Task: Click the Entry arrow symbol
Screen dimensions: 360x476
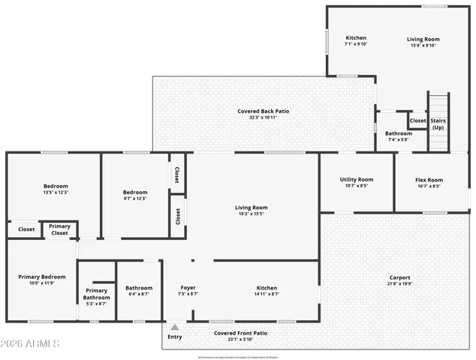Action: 174,327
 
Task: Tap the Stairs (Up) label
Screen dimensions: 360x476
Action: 438,124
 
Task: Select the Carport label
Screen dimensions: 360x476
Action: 399,277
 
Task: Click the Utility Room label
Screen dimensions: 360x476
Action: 356,180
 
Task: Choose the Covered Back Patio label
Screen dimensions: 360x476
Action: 263,111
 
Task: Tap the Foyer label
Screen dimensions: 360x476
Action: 188,288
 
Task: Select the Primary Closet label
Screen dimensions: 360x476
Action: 59,229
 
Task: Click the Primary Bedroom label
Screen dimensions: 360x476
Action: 41,277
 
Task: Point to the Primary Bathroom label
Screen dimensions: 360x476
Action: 96,293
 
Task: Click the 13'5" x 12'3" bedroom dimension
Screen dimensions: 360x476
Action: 55,193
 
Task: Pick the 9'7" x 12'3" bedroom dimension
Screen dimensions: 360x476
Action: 135,199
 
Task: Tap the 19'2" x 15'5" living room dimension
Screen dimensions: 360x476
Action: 252,214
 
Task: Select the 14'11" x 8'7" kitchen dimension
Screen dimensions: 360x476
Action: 267,294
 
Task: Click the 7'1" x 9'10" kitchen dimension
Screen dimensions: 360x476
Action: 355,45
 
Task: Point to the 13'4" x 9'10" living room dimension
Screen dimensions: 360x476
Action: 423,45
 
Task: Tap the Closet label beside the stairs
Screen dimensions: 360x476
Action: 417,120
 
